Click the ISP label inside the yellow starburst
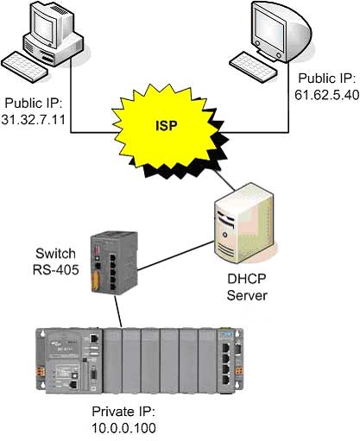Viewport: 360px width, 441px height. click(167, 126)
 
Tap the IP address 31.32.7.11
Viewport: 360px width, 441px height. click(34, 119)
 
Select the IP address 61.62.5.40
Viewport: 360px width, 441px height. click(327, 95)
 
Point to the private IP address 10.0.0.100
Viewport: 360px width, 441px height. click(124, 427)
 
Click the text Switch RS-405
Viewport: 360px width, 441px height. click(55, 261)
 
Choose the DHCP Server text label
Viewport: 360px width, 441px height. click(247, 287)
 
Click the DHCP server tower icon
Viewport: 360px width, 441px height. click(243, 223)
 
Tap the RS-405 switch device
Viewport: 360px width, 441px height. click(114, 261)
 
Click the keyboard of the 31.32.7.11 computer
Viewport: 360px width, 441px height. click(24, 67)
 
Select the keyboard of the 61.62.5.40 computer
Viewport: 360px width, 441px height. click(253, 66)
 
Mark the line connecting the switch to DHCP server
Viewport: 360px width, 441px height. click(175, 255)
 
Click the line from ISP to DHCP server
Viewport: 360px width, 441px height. click(224, 180)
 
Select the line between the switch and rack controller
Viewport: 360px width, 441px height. click(118, 311)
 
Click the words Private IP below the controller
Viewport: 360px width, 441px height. click(123, 412)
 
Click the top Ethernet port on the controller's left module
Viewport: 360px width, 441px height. click(94, 338)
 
